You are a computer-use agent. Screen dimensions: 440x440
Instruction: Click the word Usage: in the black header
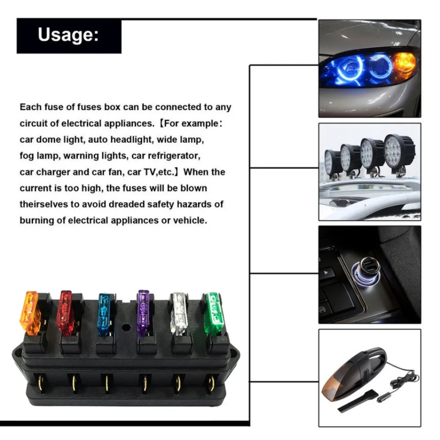[68, 35]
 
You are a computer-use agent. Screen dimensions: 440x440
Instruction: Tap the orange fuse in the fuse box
[30, 313]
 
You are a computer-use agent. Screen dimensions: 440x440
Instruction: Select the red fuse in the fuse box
[65, 313]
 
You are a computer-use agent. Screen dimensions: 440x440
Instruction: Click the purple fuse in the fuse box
[143, 313]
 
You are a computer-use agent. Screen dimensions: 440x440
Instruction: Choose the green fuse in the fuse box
[214, 313]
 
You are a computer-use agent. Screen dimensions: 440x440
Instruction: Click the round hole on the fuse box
[126, 327]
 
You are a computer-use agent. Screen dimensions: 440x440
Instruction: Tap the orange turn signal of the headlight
[404, 65]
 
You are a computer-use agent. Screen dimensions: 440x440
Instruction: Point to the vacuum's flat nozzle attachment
[354, 401]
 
